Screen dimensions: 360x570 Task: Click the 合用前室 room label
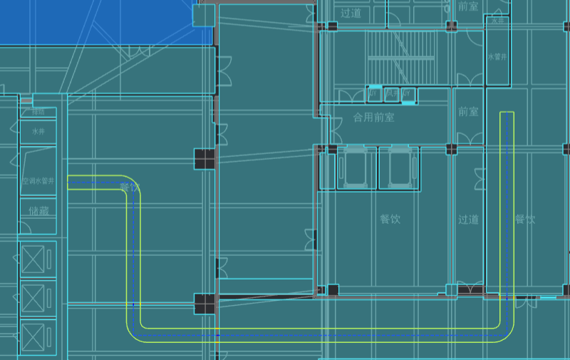point(373,117)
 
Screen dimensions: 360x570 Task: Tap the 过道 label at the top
point(351,13)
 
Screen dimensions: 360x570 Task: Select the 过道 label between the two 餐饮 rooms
point(468,220)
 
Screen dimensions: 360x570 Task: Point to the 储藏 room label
point(38,211)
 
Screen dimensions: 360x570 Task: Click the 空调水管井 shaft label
point(38,182)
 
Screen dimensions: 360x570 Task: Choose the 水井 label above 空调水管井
point(38,132)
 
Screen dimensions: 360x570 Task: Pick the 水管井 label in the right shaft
point(496,56)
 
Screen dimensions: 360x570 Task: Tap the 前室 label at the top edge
point(468,6)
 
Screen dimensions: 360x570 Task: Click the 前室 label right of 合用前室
point(468,112)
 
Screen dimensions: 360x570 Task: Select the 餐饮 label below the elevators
point(390,220)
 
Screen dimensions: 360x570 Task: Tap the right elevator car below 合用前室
point(399,168)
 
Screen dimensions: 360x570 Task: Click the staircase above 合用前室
point(389,56)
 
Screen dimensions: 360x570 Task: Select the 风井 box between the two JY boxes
point(391,93)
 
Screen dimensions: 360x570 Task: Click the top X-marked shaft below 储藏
point(33,258)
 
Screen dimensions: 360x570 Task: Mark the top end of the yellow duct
point(507,113)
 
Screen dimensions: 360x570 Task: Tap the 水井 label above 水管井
point(496,22)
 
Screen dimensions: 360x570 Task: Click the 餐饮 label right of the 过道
point(525,220)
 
